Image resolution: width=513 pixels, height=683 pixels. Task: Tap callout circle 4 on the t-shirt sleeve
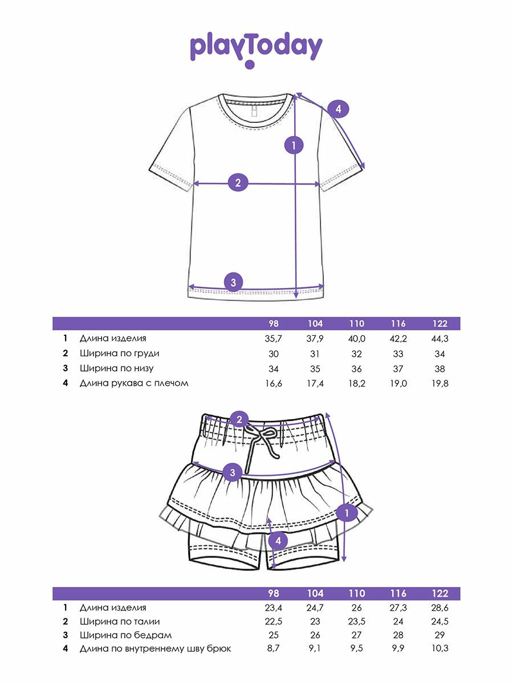338,109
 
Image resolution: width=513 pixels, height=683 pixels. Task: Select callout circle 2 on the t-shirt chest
238,183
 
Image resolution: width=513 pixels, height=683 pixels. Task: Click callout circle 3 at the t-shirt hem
233,282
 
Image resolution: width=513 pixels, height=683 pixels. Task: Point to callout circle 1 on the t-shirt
294,145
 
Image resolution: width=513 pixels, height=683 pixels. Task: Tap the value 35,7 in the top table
274,339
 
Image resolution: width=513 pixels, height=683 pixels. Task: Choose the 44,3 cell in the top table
440,339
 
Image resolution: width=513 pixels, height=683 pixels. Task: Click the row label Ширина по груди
119,353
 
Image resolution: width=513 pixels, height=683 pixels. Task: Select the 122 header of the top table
440,323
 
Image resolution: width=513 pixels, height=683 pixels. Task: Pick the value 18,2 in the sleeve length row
357,384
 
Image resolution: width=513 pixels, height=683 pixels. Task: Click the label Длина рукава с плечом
134,383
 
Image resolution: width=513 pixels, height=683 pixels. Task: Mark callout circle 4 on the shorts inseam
278,541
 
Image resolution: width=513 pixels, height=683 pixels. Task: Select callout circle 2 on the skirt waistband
240,420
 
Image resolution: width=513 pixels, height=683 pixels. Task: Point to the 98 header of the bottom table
274,593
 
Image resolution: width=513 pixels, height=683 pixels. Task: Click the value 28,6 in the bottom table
440,608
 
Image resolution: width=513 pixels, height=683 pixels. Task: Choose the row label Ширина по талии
120,622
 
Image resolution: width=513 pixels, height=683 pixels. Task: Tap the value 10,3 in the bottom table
440,649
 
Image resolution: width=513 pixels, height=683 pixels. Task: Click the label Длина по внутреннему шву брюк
155,649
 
